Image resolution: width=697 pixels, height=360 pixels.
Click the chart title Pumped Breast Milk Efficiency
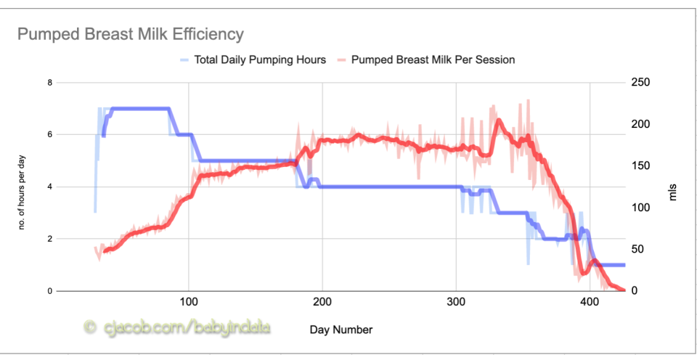(131, 34)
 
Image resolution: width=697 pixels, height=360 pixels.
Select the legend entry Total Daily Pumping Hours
(260, 60)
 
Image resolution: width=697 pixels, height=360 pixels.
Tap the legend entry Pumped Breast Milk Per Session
(433, 60)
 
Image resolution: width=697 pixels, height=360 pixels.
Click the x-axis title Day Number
(341, 330)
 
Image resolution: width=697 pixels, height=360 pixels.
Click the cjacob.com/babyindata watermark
(186, 328)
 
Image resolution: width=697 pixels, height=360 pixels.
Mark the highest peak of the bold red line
(498, 120)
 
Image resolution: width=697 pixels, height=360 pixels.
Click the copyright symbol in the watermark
(90, 328)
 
